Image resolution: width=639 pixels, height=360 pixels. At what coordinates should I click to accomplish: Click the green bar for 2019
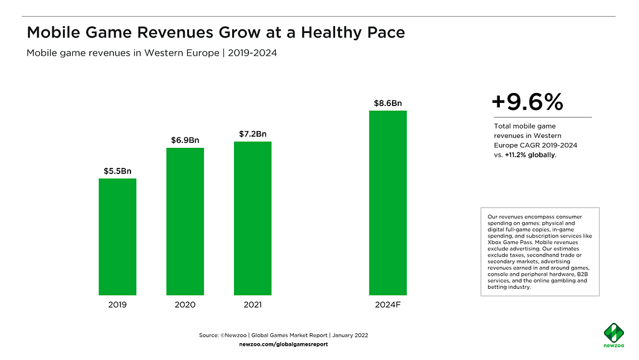click(117, 236)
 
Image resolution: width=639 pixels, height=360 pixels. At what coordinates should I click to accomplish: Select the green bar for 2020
click(185, 221)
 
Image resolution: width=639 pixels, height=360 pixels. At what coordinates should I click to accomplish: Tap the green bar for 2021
click(253, 218)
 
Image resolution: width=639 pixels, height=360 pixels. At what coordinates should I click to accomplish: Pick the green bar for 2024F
click(388, 203)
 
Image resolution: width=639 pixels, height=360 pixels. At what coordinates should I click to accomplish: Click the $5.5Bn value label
click(117, 170)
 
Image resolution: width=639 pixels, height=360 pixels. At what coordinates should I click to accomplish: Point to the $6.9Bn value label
click(185, 139)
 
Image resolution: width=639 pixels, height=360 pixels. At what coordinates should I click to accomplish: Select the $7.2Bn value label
click(253, 134)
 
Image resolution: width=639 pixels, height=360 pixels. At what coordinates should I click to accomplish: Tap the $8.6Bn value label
click(388, 103)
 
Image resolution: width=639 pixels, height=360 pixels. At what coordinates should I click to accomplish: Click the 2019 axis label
click(117, 305)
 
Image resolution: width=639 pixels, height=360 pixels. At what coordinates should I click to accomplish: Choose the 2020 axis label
click(185, 305)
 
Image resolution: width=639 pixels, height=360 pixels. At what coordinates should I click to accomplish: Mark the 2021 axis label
click(253, 305)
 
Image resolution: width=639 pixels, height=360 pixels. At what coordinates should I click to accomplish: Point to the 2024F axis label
click(388, 305)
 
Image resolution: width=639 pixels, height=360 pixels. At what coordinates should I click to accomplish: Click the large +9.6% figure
click(527, 102)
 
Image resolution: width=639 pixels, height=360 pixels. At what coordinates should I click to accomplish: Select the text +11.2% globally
click(530, 155)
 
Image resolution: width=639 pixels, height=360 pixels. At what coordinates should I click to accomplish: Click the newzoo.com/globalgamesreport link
click(283, 344)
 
